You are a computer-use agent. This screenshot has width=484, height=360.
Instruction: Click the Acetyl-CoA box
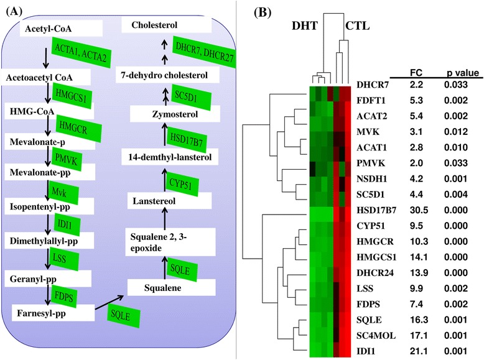[x=49, y=29]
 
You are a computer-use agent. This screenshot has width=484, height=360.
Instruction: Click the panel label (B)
[x=261, y=11]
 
